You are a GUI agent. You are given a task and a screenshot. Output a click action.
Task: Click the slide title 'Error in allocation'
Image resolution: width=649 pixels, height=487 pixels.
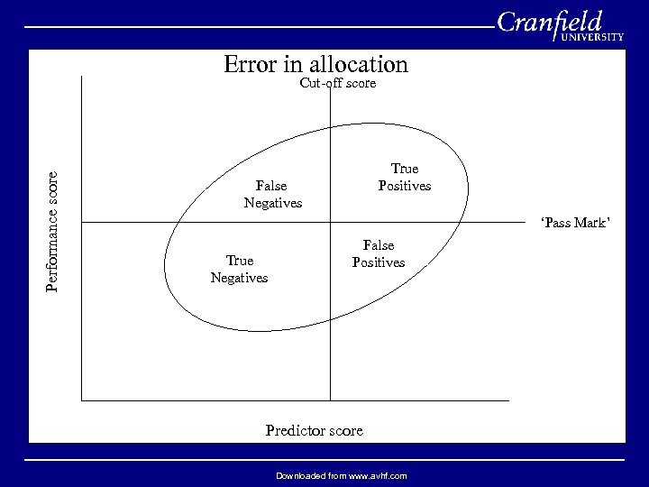pyautogui.click(x=315, y=65)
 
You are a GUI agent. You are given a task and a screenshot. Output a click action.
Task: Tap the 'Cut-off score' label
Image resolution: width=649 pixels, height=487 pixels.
pyautogui.click(x=337, y=84)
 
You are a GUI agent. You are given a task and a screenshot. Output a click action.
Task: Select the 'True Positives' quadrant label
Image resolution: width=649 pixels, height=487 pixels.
pyautogui.click(x=404, y=178)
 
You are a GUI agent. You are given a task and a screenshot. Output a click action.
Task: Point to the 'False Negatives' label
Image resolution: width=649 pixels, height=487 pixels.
pyautogui.click(x=272, y=194)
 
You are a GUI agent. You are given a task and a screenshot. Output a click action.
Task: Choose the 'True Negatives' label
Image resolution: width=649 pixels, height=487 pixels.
pyautogui.click(x=239, y=270)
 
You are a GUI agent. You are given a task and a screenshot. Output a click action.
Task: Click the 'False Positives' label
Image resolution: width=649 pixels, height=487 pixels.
pyautogui.click(x=379, y=253)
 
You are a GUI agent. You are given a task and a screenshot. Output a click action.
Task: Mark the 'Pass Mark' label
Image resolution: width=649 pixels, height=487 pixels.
pyautogui.click(x=575, y=223)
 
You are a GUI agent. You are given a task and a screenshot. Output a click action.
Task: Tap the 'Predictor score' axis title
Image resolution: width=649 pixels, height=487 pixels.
pyautogui.click(x=314, y=430)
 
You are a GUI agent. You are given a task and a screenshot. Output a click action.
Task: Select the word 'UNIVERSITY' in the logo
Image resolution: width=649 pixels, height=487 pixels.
pyautogui.click(x=592, y=38)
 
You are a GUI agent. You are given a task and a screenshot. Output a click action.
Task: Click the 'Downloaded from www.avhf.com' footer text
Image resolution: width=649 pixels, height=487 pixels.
pyautogui.click(x=342, y=475)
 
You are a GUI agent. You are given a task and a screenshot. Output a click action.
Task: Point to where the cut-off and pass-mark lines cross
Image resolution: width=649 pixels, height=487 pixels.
pyautogui.click(x=331, y=222)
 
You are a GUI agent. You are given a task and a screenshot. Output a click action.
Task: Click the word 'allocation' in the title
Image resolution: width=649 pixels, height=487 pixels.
pyautogui.click(x=359, y=65)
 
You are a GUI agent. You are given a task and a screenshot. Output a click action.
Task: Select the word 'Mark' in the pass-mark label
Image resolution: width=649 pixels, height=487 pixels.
pyautogui.click(x=590, y=223)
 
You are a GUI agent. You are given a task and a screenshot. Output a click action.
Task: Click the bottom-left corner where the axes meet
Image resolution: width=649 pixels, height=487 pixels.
pyautogui.click(x=82, y=400)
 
